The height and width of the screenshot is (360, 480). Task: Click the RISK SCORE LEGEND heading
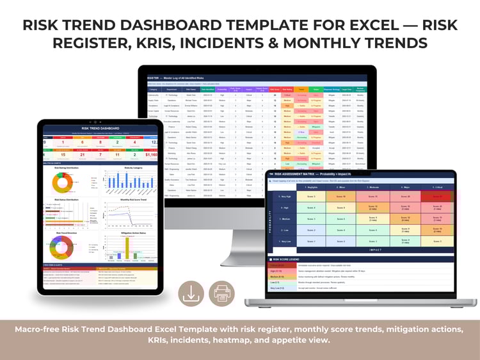click(x=289, y=259)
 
